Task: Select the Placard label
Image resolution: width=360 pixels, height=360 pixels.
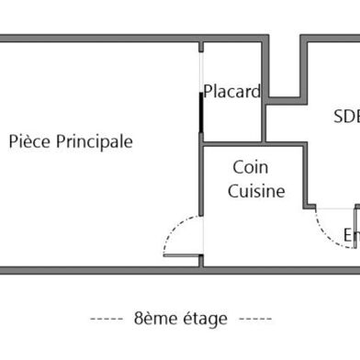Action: pyautogui.click(x=232, y=92)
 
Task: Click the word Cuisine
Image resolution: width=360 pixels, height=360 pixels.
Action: pyautogui.click(x=256, y=192)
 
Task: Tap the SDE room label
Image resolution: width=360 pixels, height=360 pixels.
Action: pyautogui.click(x=346, y=117)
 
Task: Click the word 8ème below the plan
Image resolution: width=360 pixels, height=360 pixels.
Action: pyautogui.click(x=154, y=319)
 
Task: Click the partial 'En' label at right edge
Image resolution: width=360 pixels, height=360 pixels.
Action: pyautogui.click(x=351, y=235)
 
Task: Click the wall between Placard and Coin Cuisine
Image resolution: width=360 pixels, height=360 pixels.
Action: pyautogui.click(x=233, y=144)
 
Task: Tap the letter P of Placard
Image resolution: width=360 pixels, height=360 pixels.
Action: pyautogui.click(x=208, y=92)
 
